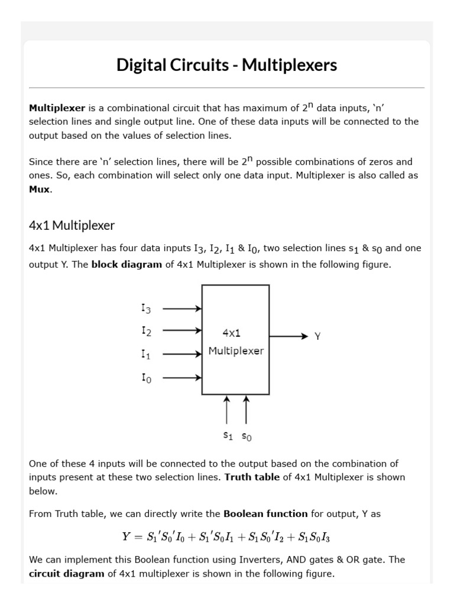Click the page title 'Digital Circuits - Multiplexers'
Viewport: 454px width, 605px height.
point(227,64)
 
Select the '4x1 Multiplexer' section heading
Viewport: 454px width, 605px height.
point(72,225)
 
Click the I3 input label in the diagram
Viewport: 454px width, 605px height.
point(146,308)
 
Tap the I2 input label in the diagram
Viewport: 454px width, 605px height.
point(146,331)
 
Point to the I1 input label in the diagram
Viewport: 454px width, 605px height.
point(146,354)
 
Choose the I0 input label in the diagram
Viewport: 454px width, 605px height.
point(146,378)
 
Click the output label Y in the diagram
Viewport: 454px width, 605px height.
point(317,336)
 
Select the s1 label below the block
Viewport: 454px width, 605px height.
point(228,436)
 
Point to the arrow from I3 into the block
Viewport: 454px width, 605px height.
point(182,308)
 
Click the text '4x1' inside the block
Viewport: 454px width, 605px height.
point(231,333)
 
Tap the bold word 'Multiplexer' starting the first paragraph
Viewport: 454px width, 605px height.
point(57,108)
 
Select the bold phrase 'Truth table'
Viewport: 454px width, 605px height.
point(252,477)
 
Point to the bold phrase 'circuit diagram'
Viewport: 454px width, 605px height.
point(66,574)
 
